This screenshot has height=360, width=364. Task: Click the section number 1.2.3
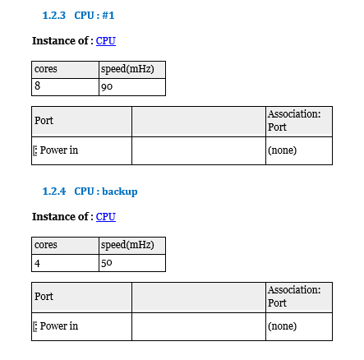(x=54, y=16)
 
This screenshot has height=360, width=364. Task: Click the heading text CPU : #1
(x=94, y=16)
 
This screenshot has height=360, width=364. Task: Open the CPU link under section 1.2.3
(x=106, y=41)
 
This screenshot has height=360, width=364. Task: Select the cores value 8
(x=37, y=85)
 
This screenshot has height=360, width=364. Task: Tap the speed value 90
(x=107, y=87)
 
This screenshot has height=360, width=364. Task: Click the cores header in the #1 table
(x=46, y=69)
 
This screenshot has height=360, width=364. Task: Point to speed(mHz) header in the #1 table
(x=127, y=69)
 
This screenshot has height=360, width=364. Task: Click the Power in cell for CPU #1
(x=59, y=150)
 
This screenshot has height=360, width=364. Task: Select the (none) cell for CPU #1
(x=282, y=150)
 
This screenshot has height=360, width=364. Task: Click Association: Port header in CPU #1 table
(x=294, y=121)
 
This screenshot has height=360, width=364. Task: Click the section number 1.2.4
(x=54, y=192)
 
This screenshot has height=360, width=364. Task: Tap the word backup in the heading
(x=120, y=192)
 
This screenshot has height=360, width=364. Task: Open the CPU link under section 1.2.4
(x=106, y=217)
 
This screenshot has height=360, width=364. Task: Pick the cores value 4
(x=37, y=263)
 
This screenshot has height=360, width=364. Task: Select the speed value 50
(x=107, y=263)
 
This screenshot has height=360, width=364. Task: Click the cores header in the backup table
(x=46, y=245)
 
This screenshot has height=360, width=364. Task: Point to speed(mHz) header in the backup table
(x=127, y=245)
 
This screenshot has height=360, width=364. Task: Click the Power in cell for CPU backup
(x=59, y=326)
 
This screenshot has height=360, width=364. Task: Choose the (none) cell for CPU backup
(x=282, y=326)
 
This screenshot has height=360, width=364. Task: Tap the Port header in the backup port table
(x=44, y=297)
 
